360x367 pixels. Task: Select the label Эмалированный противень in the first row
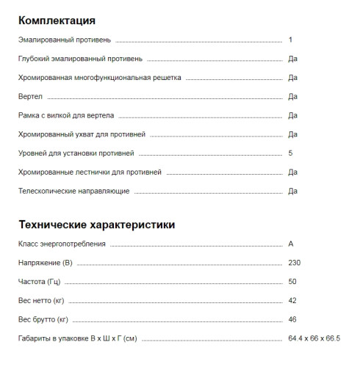click(65, 39)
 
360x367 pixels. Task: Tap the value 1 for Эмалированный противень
click(291, 39)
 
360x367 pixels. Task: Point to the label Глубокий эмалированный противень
click(80, 58)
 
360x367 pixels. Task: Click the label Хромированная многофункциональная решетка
click(99, 77)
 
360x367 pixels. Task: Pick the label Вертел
click(31, 96)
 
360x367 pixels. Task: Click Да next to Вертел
click(292, 96)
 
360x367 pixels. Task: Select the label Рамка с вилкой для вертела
click(66, 115)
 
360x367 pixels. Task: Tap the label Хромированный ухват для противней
click(82, 134)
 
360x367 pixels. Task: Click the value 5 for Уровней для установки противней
click(291, 153)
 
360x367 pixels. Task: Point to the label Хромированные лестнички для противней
click(89, 172)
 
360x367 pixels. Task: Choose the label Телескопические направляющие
click(73, 192)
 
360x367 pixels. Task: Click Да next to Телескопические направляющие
click(292, 192)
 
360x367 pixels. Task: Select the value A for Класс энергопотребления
click(292, 243)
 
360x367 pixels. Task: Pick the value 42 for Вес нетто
click(293, 300)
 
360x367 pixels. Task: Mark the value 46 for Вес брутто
click(293, 319)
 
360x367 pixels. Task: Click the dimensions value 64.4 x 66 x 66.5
click(314, 338)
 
